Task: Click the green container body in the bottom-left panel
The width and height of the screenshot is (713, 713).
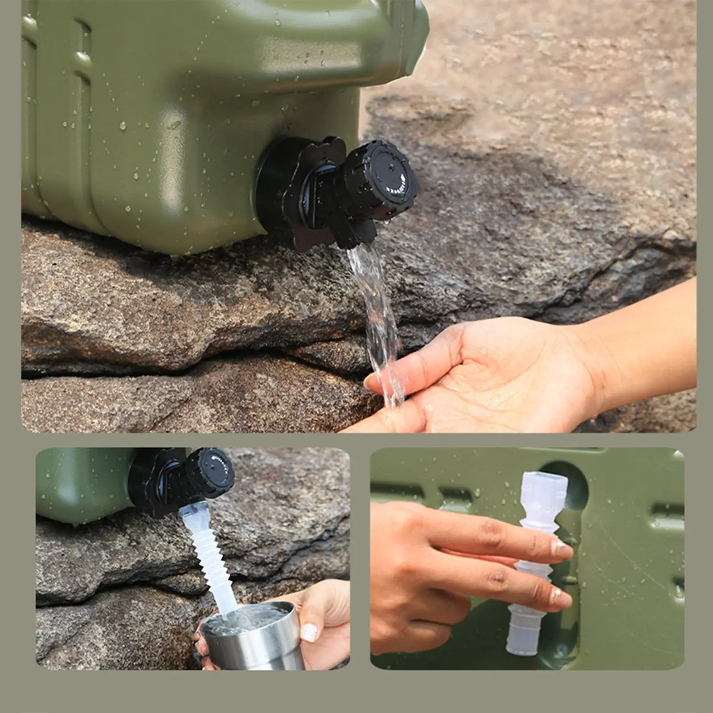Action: coord(80,486)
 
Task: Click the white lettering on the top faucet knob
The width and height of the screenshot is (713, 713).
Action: coord(397,187)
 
